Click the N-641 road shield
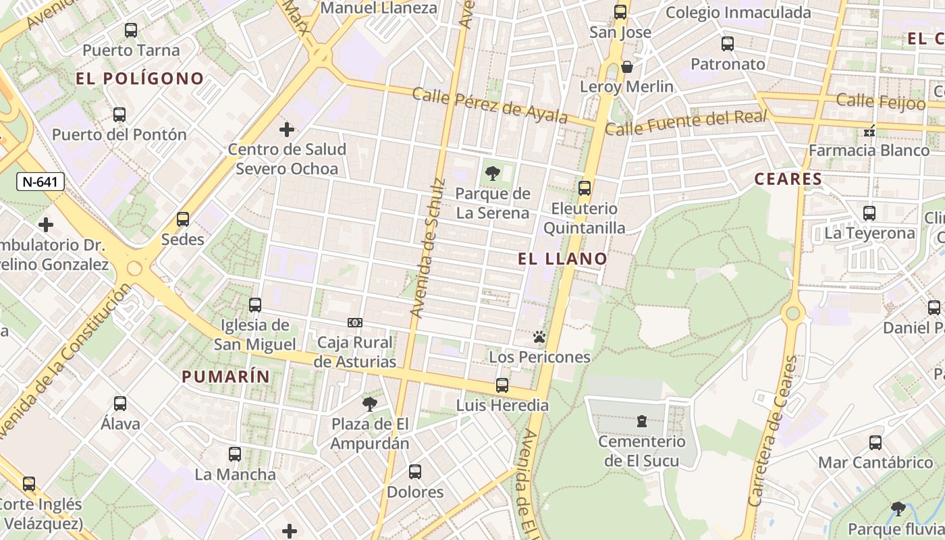[40, 181]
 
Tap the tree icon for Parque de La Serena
[493, 173]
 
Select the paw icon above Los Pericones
[539, 337]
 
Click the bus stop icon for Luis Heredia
[502, 385]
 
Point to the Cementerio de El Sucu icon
[641, 422]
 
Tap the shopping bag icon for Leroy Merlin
[627, 67]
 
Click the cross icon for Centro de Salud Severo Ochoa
[287, 129]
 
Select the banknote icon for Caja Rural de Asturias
[355, 323]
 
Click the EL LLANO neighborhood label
[563, 259]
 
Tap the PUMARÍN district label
[225, 377]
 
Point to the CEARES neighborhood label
[788, 180]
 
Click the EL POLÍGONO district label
[140, 79]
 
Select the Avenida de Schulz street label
[428, 248]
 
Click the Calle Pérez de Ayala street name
[490, 105]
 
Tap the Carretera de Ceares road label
[773, 432]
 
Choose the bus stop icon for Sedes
[183, 219]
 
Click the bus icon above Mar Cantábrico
[875, 443]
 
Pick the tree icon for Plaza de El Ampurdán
[369, 404]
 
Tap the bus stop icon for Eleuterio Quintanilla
[585, 188]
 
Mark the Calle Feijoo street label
[881, 101]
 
